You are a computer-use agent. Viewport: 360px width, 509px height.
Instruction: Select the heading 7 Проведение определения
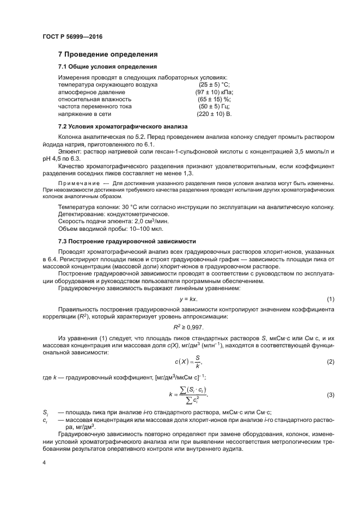tap(108, 54)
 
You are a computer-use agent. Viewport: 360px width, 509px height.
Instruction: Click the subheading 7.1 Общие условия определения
tap(107, 66)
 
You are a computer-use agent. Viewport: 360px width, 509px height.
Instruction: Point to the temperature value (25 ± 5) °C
tap(215, 85)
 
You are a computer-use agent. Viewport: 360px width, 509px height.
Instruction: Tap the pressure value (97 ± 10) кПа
tap(215, 93)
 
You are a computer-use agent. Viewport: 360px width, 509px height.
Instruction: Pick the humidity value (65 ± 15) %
tap(215, 100)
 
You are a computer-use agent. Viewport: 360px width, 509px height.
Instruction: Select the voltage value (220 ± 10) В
tap(214, 115)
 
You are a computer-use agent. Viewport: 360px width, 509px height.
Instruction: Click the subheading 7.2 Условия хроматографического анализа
tap(119, 127)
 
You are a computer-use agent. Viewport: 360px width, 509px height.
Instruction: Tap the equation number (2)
tap(330, 362)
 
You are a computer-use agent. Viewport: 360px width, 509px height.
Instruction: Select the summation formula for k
tap(188, 395)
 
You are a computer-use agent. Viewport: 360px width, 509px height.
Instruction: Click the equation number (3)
tap(330, 395)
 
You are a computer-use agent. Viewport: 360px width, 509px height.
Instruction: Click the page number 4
tap(44, 463)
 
